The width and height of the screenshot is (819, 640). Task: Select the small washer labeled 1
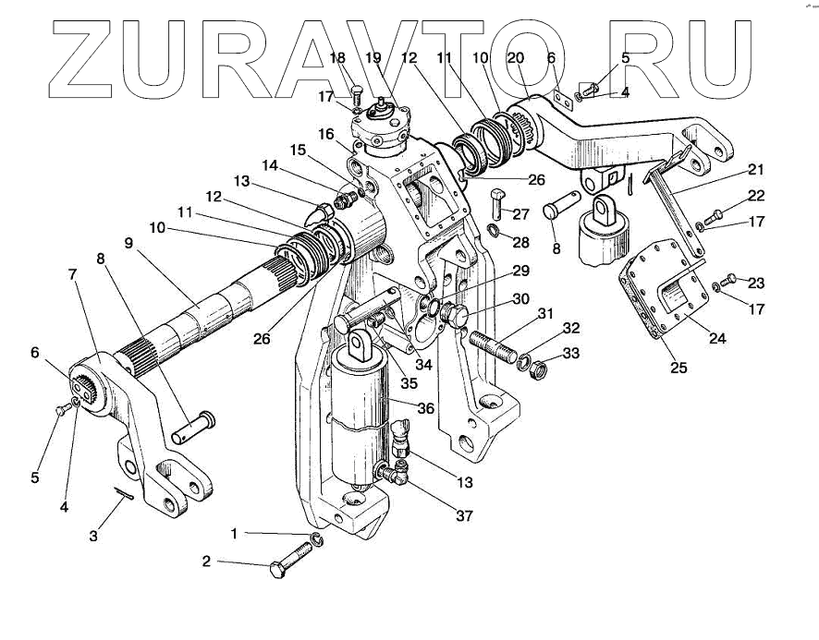coord(317,538)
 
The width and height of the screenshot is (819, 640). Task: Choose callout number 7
coord(72,274)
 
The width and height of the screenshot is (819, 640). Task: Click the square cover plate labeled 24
coord(667,286)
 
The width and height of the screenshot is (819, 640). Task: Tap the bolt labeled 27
coord(497,198)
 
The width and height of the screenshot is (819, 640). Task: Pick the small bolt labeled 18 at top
coord(358,91)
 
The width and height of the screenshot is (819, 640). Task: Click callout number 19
coord(373,58)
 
